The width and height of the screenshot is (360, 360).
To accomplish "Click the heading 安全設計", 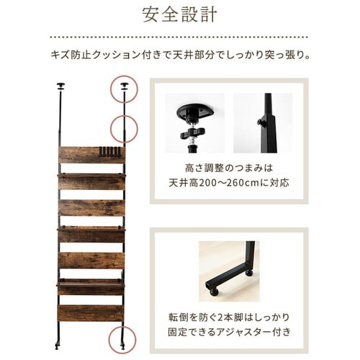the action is point(179,15).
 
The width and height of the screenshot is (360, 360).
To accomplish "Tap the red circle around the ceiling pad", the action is point(124,76).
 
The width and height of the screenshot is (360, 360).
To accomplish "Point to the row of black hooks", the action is point(110,152).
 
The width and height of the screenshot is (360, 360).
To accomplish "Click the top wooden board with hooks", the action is point(91,155).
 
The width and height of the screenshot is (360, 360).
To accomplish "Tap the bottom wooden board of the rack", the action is point(91,313).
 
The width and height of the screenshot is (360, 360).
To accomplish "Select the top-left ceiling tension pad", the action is point(60,86).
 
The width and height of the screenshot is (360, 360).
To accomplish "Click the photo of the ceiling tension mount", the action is point(194,123).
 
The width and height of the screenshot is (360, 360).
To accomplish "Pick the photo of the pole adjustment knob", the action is point(263,123).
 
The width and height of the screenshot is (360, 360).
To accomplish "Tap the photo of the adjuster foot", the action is point(229,271).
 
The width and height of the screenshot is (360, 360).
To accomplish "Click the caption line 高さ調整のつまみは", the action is point(229,168).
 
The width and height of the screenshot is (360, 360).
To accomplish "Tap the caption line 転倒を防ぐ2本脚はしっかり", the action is point(229,318).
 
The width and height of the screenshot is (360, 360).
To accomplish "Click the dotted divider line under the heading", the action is point(179,37).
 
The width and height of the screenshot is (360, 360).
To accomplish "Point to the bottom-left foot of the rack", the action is point(57,346).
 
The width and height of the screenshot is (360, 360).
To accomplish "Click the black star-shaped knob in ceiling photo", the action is point(193,132).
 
